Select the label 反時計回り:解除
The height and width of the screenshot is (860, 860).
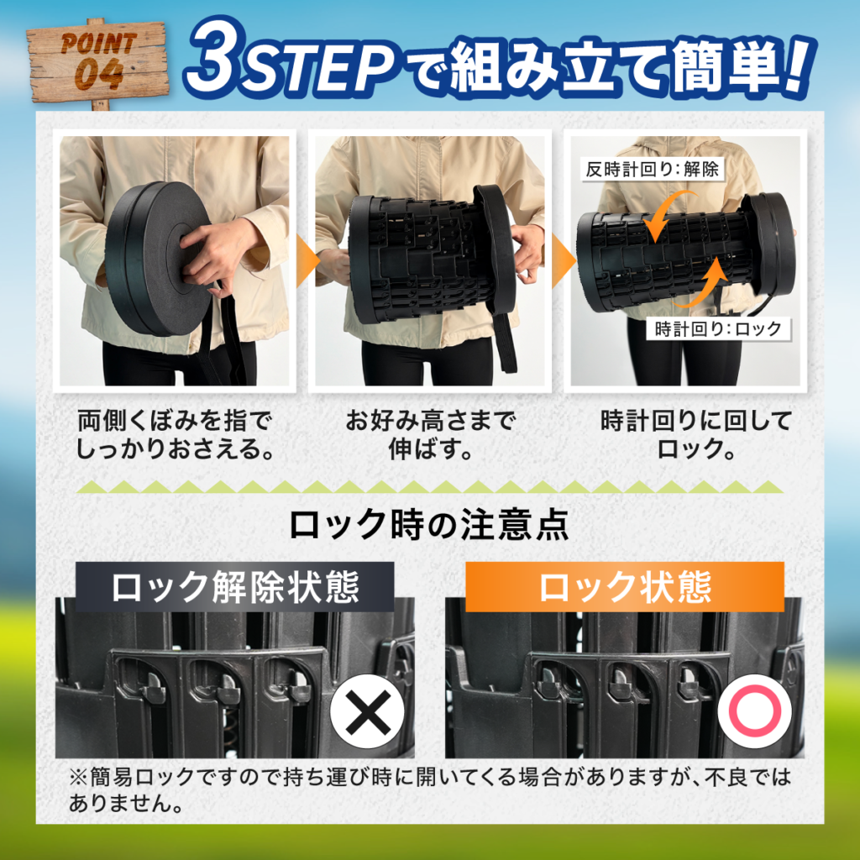[652, 169]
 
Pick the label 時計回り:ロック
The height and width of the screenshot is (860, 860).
[718, 328]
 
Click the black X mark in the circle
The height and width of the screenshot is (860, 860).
[368, 711]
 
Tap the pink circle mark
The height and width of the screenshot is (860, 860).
[755, 711]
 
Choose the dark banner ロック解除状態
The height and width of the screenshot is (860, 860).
[235, 587]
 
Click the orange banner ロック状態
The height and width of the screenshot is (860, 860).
[625, 587]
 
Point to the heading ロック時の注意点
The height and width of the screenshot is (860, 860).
[429, 525]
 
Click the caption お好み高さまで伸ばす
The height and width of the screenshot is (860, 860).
[430, 435]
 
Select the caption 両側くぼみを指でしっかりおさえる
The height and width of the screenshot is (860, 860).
[175, 435]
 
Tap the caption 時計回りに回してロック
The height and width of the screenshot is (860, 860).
[696, 435]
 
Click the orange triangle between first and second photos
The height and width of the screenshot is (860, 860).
[307, 262]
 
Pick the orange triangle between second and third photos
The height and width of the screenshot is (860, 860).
[564, 262]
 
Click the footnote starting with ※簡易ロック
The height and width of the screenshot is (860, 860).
[430, 789]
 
